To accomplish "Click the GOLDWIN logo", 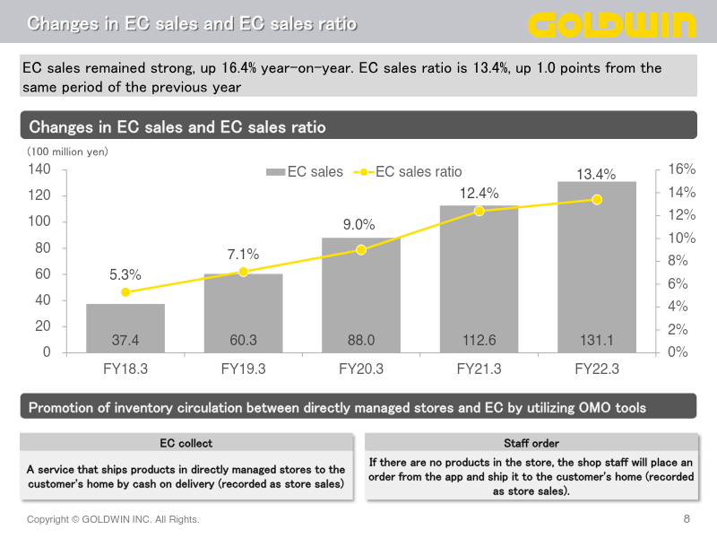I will click(x=611, y=23).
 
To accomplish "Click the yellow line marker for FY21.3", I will click(x=479, y=211).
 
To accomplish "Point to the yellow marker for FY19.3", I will click(x=243, y=272).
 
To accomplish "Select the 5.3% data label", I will click(x=125, y=274).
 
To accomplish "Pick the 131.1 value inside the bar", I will click(x=597, y=341).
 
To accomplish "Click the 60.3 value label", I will click(x=243, y=341).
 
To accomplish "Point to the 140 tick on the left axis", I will click(x=39, y=169).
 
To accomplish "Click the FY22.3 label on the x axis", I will click(x=597, y=368).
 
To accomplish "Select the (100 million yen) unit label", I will click(x=67, y=152).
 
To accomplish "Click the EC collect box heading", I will click(x=186, y=443).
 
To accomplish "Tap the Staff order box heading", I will click(x=531, y=443).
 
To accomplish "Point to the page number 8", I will click(x=687, y=519).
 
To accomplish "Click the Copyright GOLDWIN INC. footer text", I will click(x=113, y=519).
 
